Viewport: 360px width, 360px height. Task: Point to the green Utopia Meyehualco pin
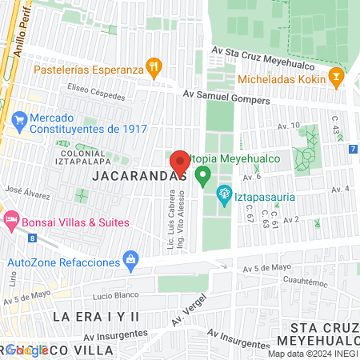(203, 174)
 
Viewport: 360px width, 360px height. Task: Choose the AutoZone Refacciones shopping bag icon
(130, 259)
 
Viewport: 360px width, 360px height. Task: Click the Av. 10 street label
(288, 126)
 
